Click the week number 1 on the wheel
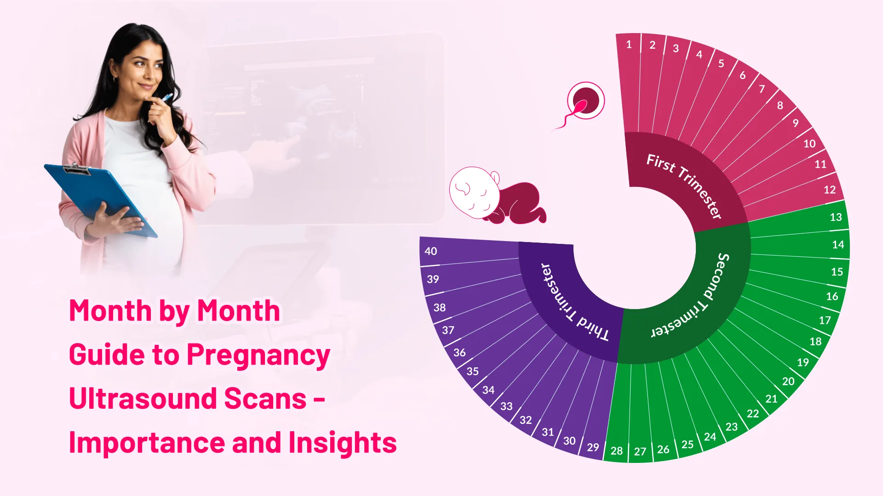(x=629, y=45)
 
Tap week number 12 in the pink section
(x=830, y=190)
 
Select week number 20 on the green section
(x=788, y=381)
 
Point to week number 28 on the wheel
(x=617, y=451)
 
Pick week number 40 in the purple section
(x=431, y=251)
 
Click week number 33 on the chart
(x=506, y=406)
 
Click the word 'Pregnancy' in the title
(x=258, y=355)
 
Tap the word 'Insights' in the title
(x=343, y=443)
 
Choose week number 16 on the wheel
(x=832, y=296)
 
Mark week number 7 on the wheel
(x=762, y=89)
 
